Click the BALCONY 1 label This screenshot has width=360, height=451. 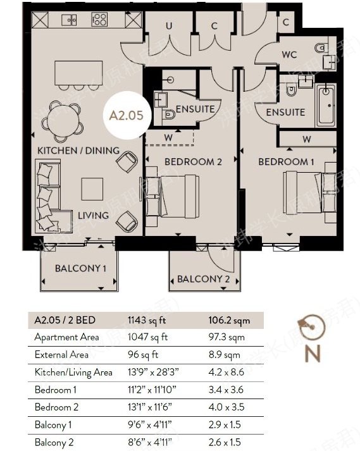[80, 268]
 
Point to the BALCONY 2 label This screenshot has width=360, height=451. [203, 279]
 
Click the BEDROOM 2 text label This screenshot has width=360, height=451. [193, 162]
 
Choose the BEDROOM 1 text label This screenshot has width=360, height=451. [286, 162]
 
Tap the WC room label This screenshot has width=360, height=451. [289, 54]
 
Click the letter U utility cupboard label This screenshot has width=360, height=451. [169, 26]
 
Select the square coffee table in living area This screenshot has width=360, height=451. [92, 188]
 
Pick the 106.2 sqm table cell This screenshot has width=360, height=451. [229, 321]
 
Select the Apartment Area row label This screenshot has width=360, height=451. [65, 338]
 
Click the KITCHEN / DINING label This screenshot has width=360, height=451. [78, 151]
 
